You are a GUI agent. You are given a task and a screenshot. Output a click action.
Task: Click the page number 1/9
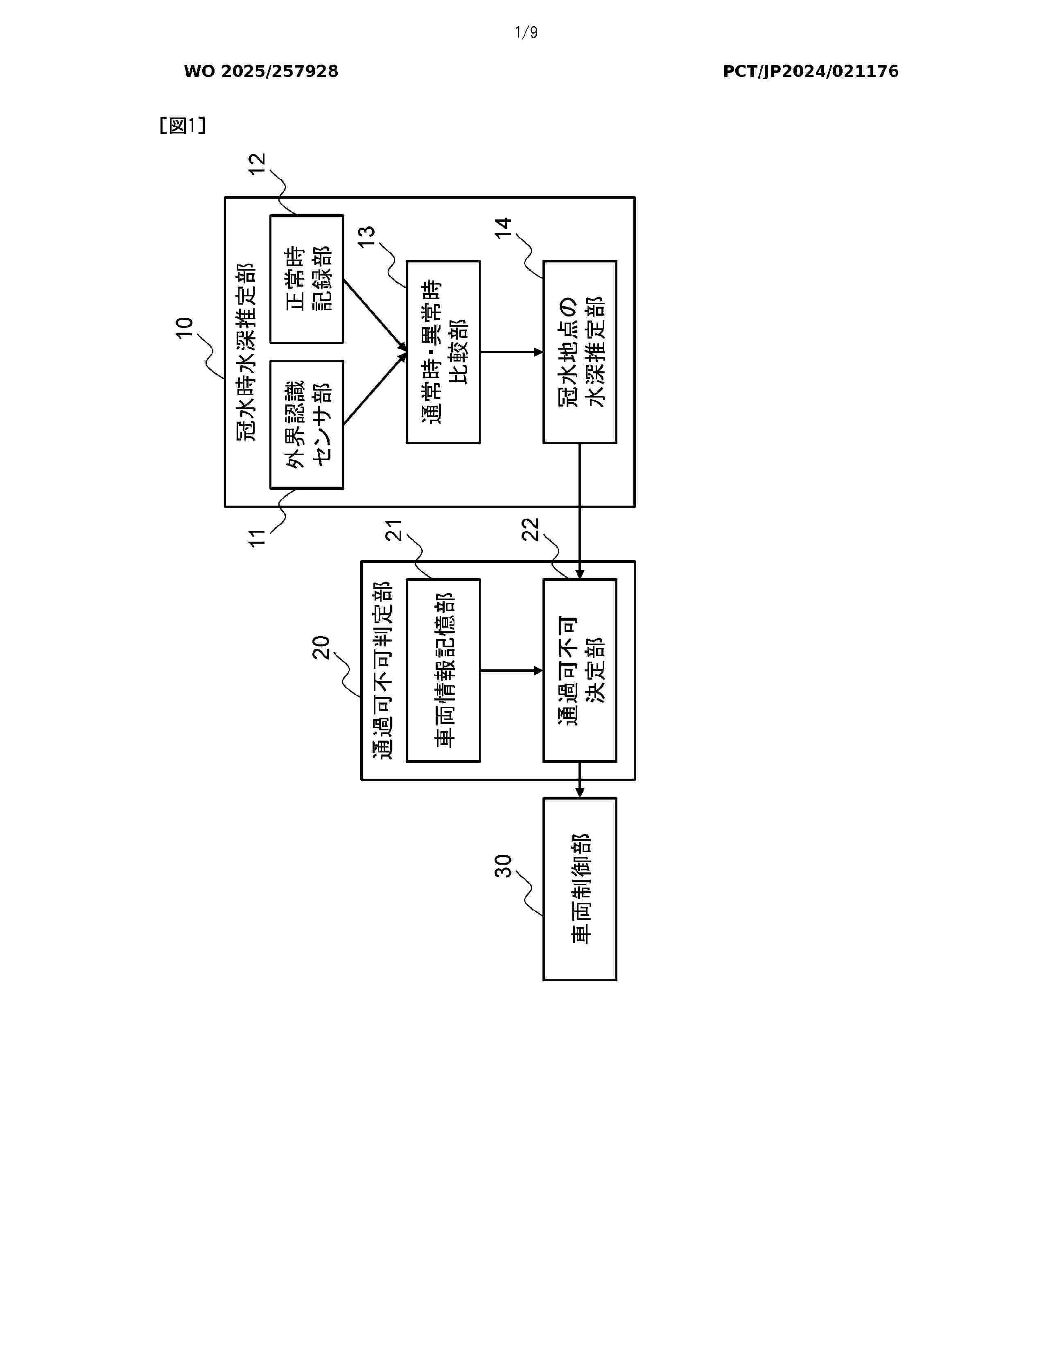pos(526,32)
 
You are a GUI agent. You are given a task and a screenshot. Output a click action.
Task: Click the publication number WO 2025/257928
pos(261,72)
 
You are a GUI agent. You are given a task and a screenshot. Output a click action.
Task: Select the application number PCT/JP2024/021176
pos(810,72)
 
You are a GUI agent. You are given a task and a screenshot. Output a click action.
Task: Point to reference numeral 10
pos(184,328)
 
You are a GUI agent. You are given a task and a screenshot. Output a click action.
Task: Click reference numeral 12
pos(257,164)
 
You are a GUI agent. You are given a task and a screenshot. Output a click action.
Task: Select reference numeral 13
pos(367,236)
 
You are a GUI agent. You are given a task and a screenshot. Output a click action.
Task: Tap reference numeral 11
pos(257,538)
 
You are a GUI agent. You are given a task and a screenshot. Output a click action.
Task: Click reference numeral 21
pos(394,531)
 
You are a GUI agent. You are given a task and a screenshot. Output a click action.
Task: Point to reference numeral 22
pos(531,529)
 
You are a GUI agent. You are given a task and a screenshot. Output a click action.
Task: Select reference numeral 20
pos(321,648)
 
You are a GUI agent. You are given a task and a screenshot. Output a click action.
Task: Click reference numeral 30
pos(504,866)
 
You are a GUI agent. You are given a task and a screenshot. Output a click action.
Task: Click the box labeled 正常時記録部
pos(307,279)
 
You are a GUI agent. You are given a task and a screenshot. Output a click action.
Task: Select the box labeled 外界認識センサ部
pos(307,425)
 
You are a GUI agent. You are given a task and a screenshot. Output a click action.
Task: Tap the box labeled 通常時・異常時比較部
pos(443,352)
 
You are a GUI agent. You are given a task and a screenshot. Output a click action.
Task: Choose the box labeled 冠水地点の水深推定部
pos(579,352)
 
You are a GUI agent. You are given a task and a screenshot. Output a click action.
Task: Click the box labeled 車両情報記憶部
pos(443,670)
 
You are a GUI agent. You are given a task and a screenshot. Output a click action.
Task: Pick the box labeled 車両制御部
pos(579,889)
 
